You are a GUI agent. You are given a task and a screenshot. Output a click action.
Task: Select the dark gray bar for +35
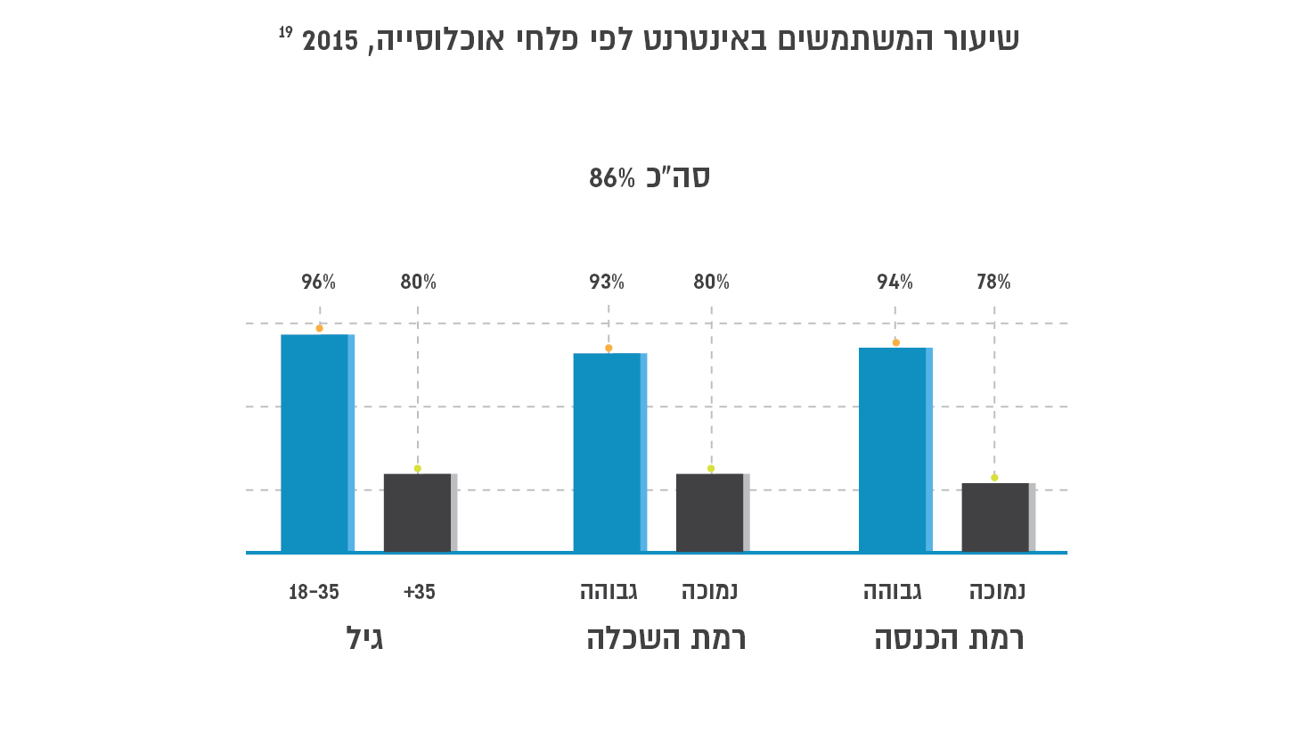[x=419, y=513]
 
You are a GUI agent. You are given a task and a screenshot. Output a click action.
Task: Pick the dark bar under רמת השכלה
[x=711, y=513]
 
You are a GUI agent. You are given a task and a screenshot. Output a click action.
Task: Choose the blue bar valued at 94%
[x=895, y=449]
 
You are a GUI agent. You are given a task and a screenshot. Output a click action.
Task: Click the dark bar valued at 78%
[x=997, y=517]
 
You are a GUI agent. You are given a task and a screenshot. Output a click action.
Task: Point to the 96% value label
[x=318, y=283]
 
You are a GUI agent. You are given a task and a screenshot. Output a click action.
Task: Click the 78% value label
[x=993, y=283]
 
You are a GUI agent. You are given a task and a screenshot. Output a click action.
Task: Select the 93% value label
[x=607, y=283]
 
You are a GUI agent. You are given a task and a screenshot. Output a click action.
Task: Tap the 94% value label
[x=895, y=283]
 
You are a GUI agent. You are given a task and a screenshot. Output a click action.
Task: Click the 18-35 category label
[x=314, y=592]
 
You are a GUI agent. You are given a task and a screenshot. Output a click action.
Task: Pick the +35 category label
[x=419, y=592]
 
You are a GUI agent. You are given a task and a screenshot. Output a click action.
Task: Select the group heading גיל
[x=364, y=638]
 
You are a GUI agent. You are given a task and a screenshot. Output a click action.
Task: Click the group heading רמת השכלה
[x=666, y=638]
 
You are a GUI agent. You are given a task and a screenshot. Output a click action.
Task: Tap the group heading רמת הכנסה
[x=949, y=638]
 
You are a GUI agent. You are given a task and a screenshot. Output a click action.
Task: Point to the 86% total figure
[x=612, y=178]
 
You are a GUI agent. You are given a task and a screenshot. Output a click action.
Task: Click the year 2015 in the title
[x=330, y=41]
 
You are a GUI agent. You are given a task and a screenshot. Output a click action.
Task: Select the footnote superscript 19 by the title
[x=285, y=32]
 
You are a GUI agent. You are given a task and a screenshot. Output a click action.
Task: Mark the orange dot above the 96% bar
[x=319, y=328]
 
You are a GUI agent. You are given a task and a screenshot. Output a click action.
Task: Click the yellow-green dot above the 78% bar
[x=994, y=478]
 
